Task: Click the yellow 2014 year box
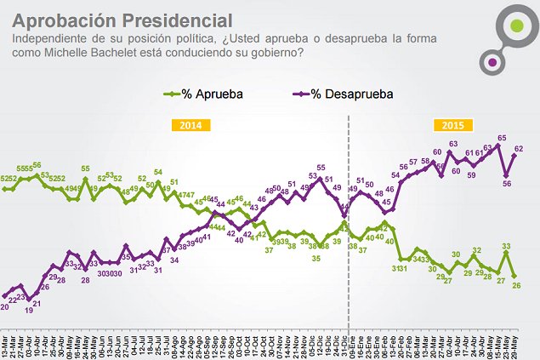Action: point(191,125)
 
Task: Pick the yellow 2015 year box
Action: point(452,125)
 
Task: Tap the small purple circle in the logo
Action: point(492,61)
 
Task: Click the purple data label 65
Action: point(502,138)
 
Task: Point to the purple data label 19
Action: point(29,311)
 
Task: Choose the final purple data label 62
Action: point(517,149)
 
